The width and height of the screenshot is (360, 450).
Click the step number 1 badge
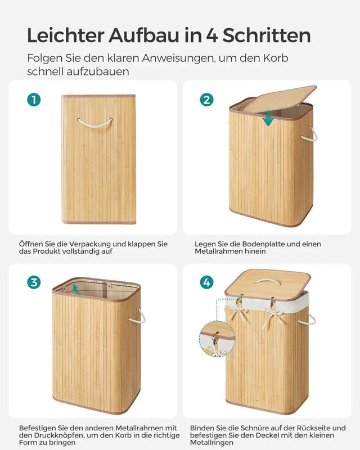(x=34, y=100)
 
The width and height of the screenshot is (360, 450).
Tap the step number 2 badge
(x=207, y=100)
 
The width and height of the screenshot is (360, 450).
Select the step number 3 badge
(x=34, y=282)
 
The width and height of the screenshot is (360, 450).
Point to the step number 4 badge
(x=207, y=282)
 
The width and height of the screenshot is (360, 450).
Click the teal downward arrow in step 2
(x=268, y=118)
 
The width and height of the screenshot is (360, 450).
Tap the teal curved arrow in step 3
(x=68, y=289)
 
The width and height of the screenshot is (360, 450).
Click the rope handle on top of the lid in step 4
(x=268, y=281)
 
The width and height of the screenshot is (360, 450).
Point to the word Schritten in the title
(x=265, y=35)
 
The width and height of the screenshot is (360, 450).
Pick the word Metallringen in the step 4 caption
(x=214, y=443)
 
